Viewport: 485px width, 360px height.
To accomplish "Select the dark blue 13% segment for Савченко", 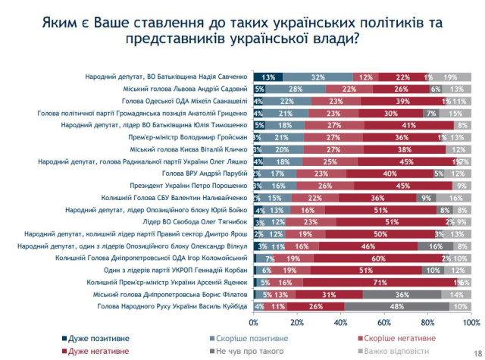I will pos(268,77).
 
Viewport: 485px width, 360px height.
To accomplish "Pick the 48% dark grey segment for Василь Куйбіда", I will pos(396,305).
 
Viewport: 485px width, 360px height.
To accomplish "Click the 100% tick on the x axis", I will pos(470,321).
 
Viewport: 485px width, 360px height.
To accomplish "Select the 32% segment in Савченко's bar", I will pos(318,77).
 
